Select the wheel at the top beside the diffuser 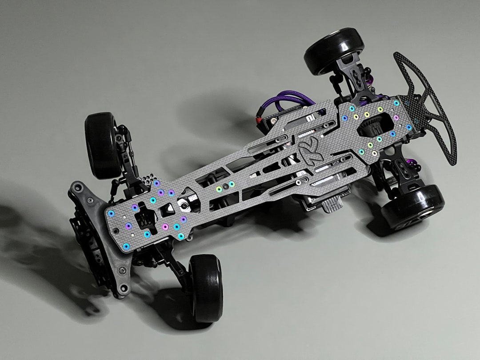[334, 51]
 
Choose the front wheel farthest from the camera [101, 144]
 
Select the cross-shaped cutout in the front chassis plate [144, 218]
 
